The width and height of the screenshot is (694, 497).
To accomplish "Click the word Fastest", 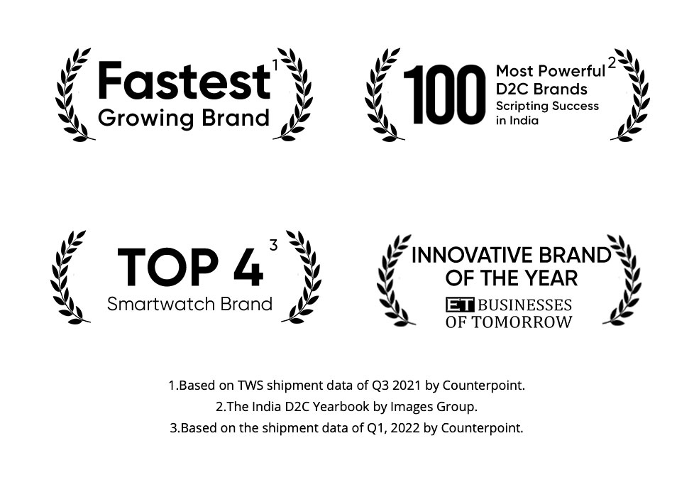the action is point(184,81).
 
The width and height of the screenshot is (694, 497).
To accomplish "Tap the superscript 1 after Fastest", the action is point(275,65).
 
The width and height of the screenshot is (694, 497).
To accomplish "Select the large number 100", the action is point(444,94).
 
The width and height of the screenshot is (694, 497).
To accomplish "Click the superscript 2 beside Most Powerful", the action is point(612,63).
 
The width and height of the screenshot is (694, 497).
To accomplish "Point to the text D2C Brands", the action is point(541,89).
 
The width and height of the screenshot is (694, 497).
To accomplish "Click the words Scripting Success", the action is point(547,106).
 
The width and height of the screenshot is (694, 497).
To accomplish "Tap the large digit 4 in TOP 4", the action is point(248,267).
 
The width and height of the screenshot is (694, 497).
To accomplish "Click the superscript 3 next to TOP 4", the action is point(273,245).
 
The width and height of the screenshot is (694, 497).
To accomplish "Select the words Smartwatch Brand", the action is point(189,305).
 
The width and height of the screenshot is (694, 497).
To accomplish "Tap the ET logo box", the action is point(460,305).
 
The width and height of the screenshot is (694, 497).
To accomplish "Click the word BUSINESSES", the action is point(525,305).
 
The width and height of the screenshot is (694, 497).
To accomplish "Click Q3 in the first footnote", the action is point(380,386).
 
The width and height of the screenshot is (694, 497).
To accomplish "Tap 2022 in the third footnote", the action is point(405,428).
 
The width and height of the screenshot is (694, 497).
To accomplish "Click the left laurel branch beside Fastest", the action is point(72,95).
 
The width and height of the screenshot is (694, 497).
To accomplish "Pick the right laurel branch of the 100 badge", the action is point(631,95).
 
